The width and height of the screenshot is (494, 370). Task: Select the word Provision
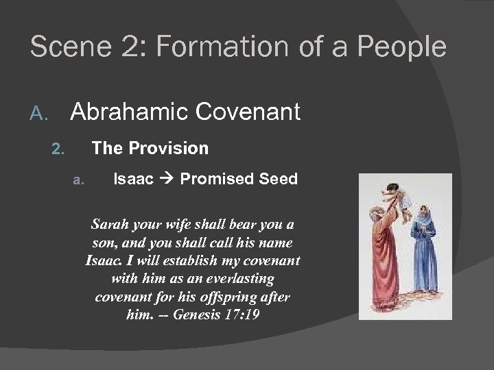(x=174, y=147)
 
